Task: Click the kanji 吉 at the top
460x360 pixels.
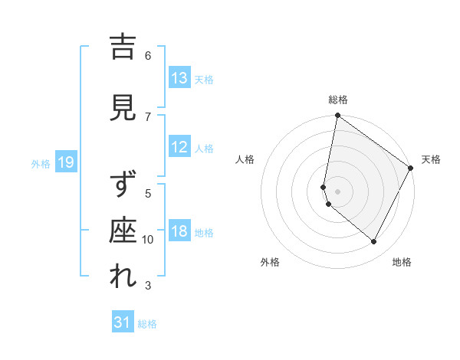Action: tap(123, 48)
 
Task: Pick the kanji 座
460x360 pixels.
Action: tap(123, 232)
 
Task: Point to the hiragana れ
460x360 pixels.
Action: tap(123, 277)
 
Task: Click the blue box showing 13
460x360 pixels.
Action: tap(179, 78)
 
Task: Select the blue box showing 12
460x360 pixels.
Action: tap(179, 147)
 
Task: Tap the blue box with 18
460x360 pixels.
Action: tap(179, 231)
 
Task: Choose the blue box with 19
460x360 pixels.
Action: tap(65, 162)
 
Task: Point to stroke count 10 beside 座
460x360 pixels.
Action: tap(148, 240)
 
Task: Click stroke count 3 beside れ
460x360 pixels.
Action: tap(148, 286)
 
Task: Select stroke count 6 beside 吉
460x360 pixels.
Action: tap(148, 55)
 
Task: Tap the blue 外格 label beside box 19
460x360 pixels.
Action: tap(41, 163)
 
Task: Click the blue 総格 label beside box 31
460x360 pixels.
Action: tap(147, 324)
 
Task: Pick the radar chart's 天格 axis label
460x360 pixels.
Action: tap(431, 159)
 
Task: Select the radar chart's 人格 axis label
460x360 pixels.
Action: tap(245, 159)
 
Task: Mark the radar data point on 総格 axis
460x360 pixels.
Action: tap(337, 116)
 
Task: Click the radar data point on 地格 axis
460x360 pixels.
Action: tap(374, 242)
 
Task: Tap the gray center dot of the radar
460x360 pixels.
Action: tap(337, 191)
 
